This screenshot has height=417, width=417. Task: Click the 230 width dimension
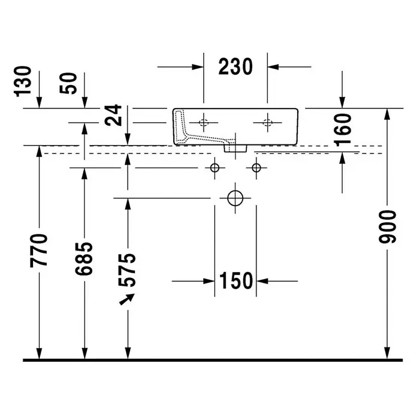coord(235,67)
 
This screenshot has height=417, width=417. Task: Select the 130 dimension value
coord(23,81)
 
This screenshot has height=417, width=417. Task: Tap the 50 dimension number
coord(68,83)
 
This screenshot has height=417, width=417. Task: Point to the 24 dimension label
coord(113,115)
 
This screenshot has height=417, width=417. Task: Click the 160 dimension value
coord(343,130)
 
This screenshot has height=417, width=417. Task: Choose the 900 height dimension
coord(387,226)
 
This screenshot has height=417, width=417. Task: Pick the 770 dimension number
coord(39,250)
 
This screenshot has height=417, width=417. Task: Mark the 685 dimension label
coord(84,258)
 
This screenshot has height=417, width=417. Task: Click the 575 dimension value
coord(127,270)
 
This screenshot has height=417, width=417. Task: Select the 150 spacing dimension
coord(236,281)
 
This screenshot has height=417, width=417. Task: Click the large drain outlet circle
coord(235,198)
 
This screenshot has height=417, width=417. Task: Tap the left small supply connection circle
coord(214,168)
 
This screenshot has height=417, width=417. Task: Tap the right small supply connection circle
coord(256,168)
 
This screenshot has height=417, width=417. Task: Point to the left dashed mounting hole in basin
coord(204,123)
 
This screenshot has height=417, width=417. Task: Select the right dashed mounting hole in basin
coord(268,123)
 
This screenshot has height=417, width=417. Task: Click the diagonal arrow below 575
coord(127,299)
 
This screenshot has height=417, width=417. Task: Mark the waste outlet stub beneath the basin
coord(235,149)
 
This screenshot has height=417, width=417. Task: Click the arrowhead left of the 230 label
coord(198,67)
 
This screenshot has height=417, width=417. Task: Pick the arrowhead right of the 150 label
coord(262,281)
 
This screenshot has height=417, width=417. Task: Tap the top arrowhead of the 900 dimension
coord(387,114)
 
